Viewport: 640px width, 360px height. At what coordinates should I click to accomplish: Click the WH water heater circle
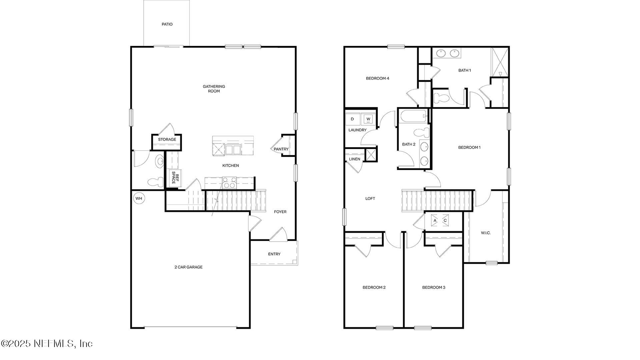139,199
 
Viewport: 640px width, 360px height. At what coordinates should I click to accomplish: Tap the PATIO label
167,24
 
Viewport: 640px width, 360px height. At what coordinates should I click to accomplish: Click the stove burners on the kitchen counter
229,183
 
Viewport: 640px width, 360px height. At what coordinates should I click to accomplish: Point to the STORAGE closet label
167,139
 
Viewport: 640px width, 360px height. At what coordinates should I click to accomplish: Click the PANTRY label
281,149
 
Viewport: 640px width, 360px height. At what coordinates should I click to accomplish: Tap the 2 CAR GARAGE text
188,267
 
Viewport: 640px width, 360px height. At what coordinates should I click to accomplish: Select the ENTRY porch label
274,254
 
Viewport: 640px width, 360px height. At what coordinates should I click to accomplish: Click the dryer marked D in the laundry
352,119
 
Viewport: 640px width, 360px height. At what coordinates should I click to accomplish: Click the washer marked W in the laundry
368,119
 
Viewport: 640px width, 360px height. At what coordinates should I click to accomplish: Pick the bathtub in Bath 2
413,116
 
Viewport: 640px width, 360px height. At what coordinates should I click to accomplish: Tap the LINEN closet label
354,159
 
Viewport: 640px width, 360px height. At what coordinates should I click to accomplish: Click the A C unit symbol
440,220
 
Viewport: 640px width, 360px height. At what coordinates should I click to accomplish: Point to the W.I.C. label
486,233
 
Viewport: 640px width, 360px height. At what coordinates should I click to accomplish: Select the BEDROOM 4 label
377,78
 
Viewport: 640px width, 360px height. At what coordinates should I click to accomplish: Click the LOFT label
370,199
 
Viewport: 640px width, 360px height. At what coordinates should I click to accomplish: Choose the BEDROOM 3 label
434,287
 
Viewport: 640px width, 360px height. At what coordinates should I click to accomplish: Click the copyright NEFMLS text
47,343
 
